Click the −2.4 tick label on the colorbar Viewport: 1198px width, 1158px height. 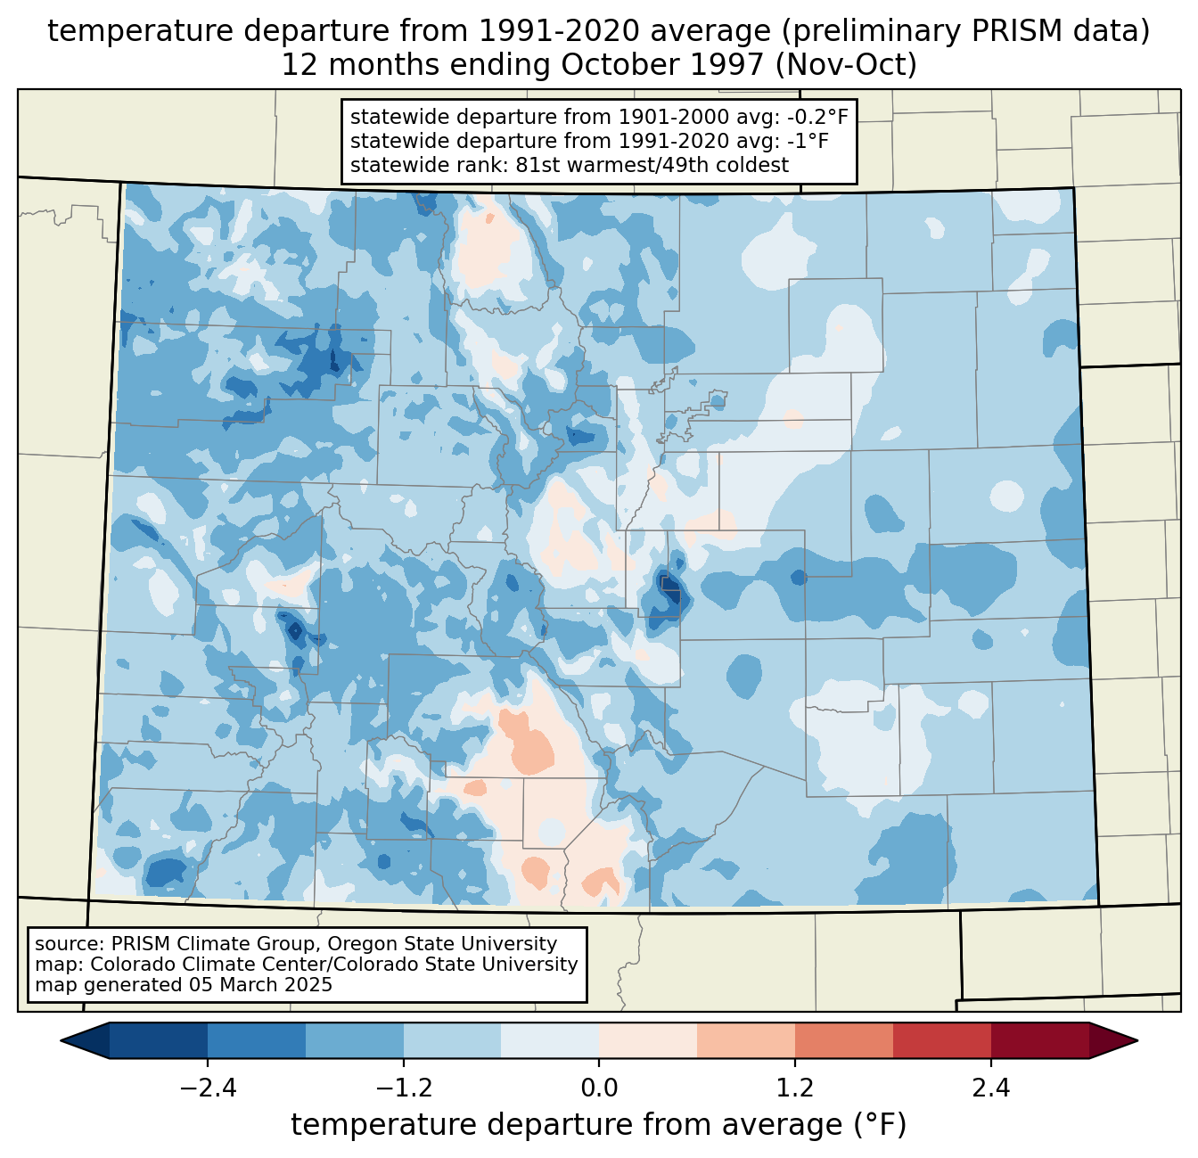[208, 1088]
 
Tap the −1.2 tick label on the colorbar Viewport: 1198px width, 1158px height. [403, 1088]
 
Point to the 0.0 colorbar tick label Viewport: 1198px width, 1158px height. [599, 1088]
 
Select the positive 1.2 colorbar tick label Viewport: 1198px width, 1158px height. [795, 1088]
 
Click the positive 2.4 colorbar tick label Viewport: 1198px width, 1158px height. [990, 1088]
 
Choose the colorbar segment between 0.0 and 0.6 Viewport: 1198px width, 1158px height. [648, 1040]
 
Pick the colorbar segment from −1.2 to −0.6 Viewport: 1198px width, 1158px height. [452, 1040]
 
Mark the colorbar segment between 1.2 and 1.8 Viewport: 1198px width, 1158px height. [844, 1040]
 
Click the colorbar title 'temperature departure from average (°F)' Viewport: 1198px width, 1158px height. [599, 1125]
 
